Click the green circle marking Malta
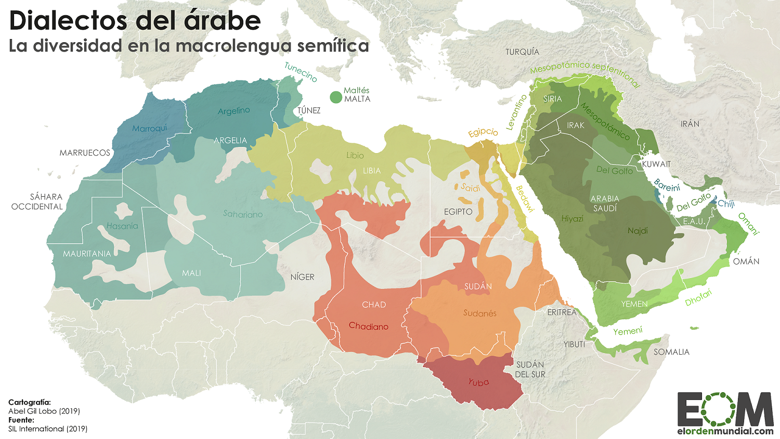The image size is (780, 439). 336,97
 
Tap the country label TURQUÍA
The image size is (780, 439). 522,52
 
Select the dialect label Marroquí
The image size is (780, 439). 150,128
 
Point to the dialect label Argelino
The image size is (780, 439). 234,111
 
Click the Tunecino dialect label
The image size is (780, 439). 301,72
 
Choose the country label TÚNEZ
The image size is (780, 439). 309,110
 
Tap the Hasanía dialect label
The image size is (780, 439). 122,226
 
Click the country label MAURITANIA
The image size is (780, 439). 87,254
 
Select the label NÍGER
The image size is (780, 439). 302,277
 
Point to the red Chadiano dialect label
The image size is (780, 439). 369,327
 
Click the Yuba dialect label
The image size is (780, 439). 478,382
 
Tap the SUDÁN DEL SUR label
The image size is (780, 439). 530,369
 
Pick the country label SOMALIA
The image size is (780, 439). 671,352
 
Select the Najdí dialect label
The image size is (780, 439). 638,231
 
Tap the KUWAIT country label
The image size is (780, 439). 656,164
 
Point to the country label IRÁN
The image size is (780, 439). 690,124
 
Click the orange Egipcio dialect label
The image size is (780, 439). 483,132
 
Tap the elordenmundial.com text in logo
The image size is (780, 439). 725,431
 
